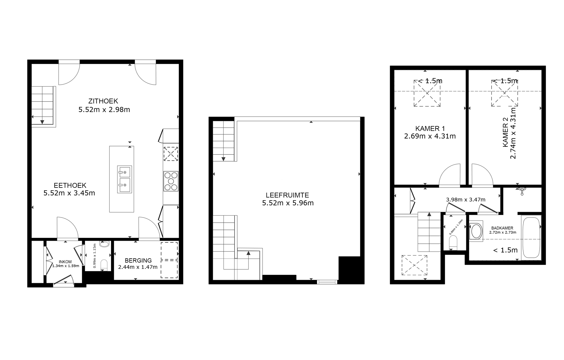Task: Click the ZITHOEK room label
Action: [x=103, y=101]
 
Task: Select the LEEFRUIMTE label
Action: [x=287, y=195]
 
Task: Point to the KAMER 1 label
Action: [x=430, y=129]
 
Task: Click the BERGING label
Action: [x=138, y=260]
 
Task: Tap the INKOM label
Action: [x=65, y=262]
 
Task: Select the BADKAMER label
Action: [x=502, y=228]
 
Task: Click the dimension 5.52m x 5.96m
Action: [x=288, y=203]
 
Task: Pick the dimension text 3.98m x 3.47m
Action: [x=466, y=199]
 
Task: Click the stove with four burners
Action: [x=171, y=181]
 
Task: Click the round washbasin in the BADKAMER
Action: [x=476, y=231]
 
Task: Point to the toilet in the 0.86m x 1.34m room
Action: [x=453, y=242]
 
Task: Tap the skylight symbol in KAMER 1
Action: [x=427, y=93]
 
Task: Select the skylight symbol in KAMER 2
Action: [x=505, y=93]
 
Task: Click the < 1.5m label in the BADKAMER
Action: [x=505, y=250]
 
